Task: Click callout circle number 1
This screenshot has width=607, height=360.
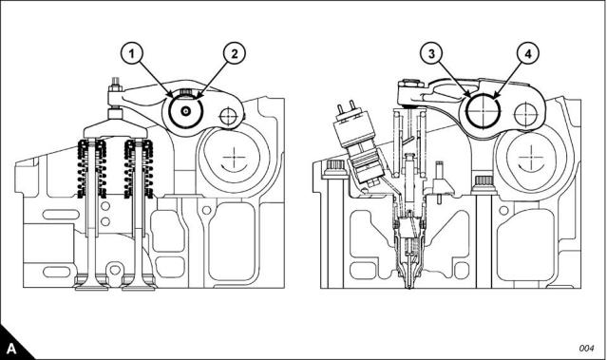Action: click(132, 53)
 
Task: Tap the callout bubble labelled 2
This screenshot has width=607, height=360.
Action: click(235, 53)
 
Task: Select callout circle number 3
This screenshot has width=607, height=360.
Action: click(432, 53)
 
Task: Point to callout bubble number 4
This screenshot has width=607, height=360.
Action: click(527, 53)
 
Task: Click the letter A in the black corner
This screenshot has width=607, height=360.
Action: click(11, 349)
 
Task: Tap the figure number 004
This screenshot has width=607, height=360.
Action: click(586, 349)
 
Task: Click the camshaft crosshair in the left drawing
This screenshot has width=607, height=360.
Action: click(235, 158)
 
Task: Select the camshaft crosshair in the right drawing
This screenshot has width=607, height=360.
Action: click(528, 158)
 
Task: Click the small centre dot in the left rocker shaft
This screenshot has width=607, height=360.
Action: click(186, 111)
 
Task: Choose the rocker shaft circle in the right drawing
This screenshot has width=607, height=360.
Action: click(484, 110)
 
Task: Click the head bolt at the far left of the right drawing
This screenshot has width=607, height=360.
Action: click(335, 169)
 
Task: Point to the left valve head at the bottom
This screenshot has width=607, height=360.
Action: click(92, 287)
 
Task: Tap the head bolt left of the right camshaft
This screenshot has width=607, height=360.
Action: click(483, 184)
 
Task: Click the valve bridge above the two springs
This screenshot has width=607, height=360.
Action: click(116, 130)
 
